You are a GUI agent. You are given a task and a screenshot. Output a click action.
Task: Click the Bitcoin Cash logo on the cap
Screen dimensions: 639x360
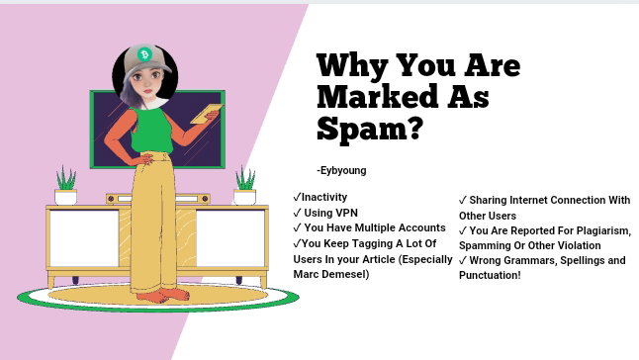(144, 54)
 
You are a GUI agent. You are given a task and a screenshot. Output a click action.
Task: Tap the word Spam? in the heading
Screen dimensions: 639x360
(370, 129)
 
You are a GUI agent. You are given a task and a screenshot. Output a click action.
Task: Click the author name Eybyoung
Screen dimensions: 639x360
(343, 170)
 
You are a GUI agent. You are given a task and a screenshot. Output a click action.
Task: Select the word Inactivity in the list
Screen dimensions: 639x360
(324, 197)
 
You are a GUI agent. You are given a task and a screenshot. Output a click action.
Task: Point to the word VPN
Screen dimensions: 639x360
(346, 213)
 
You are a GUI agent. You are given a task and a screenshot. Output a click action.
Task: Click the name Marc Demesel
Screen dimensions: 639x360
(330, 274)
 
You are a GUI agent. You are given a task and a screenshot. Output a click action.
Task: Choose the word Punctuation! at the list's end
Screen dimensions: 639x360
(490, 275)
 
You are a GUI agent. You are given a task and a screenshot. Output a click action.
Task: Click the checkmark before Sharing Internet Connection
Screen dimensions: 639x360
(463, 201)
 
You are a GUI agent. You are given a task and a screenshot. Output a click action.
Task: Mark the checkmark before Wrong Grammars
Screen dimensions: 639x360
(463, 261)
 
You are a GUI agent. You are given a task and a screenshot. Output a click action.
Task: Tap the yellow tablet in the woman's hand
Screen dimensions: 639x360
(207, 114)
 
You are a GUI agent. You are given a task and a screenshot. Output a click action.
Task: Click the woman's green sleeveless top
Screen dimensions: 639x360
(151, 131)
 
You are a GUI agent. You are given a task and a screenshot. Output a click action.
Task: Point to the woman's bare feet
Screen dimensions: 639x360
(163, 295)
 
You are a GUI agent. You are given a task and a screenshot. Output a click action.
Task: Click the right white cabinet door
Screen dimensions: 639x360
(230, 238)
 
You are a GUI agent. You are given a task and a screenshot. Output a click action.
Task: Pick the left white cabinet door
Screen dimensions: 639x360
(84, 238)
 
